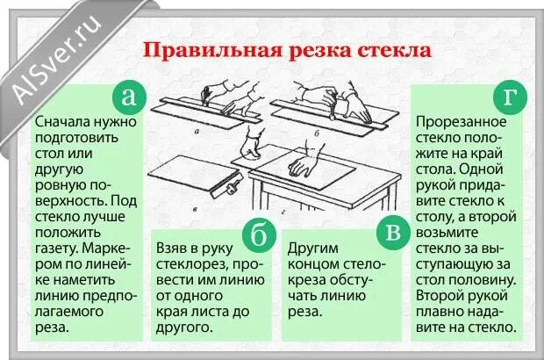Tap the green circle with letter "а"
(x=129, y=97)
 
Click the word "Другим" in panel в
(x=315, y=248)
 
